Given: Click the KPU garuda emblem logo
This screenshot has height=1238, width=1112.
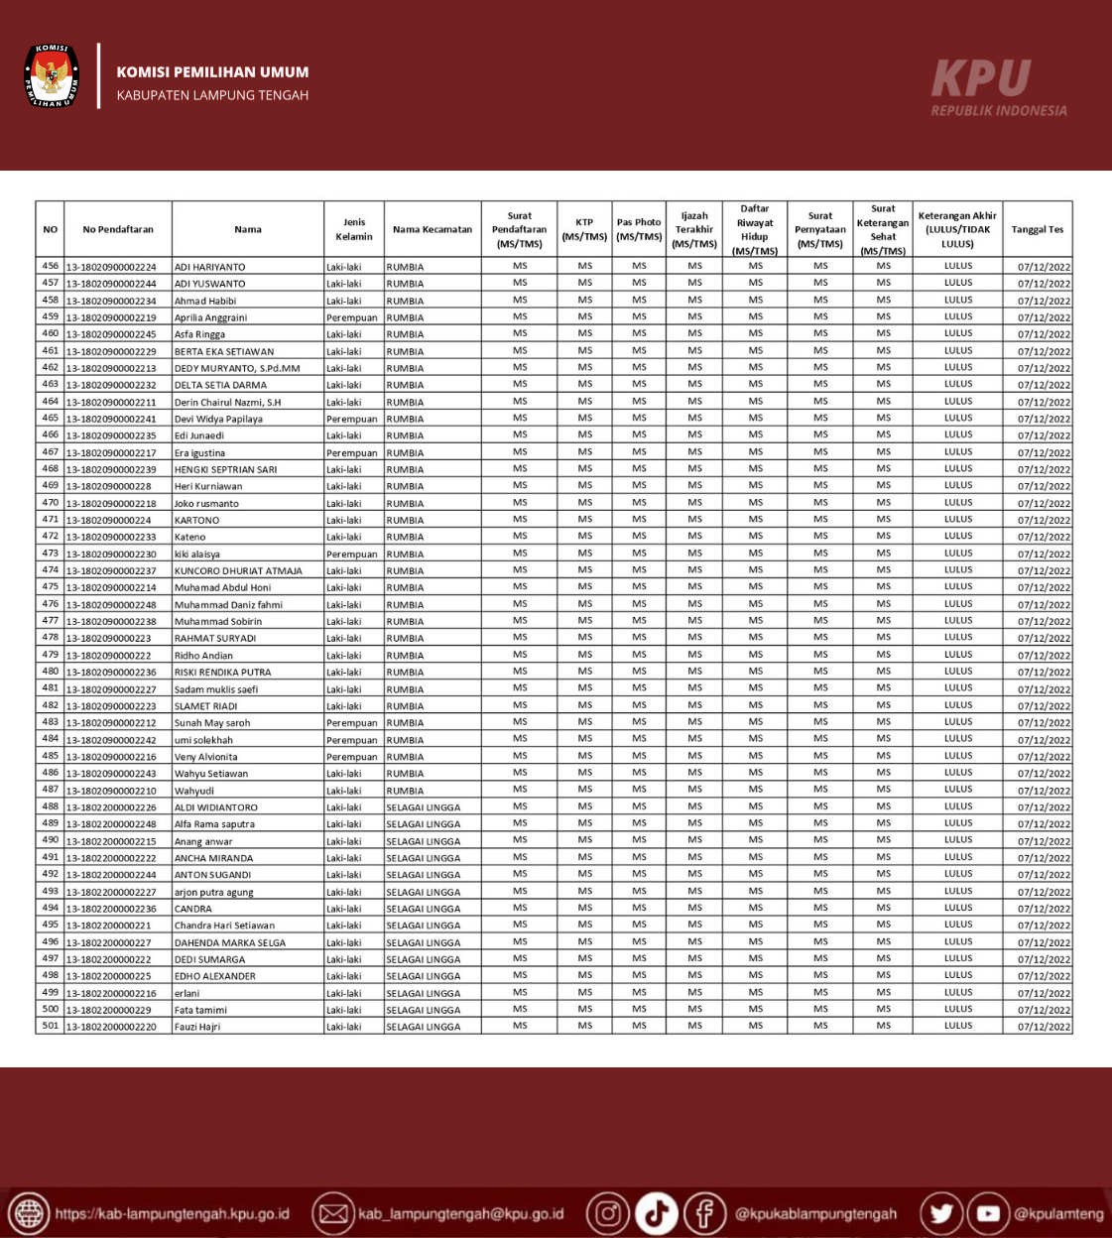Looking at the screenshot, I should click(52, 75).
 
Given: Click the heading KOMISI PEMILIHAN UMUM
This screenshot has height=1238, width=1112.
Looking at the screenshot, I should click(212, 72).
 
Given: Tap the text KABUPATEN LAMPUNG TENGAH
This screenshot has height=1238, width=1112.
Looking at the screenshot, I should click(212, 95).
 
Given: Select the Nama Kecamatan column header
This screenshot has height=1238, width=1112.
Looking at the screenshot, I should click(432, 229).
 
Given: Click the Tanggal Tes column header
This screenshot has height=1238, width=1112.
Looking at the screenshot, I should click(1037, 229).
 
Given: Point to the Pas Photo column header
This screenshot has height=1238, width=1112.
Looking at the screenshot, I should click(639, 229).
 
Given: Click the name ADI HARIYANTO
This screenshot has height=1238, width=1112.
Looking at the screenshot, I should click(210, 267).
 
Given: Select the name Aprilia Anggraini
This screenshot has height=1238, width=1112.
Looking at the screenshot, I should click(211, 317).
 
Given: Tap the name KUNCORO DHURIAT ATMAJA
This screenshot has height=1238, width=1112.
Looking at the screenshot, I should click(238, 570).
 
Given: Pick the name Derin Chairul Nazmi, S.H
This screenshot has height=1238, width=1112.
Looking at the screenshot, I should click(228, 402).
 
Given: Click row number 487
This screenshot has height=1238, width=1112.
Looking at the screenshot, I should click(51, 790).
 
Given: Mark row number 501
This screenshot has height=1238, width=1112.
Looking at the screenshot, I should click(51, 1026).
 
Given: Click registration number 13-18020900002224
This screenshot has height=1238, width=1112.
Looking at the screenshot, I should click(111, 267).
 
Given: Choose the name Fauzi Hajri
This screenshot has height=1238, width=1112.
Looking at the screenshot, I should click(197, 1027).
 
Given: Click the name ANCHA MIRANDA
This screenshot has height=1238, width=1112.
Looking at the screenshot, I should click(214, 858).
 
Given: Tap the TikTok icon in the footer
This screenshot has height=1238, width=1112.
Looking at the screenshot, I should click(656, 1213).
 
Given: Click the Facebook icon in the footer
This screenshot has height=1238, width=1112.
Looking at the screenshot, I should click(704, 1213).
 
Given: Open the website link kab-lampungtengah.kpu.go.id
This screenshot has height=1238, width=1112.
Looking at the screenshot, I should click(172, 1214).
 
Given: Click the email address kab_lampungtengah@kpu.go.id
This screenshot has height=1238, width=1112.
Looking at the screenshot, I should click(460, 1214).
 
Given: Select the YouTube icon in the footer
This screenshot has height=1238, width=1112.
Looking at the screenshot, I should click(988, 1213).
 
